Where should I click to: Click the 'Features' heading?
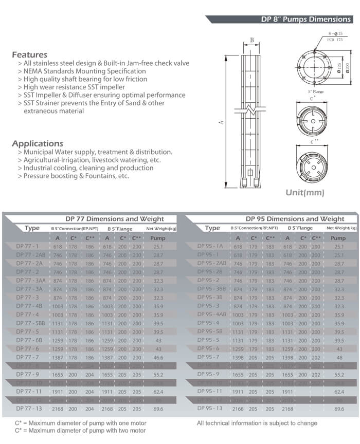(x=29, y=54)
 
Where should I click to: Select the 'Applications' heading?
(x=38, y=143)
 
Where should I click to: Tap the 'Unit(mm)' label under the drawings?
(x=305, y=193)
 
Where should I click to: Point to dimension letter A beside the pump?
(x=221, y=122)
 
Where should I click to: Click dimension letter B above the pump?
(x=251, y=40)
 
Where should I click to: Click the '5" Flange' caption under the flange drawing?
(x=315, y=92)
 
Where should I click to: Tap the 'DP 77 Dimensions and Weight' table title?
(x=114, y=218)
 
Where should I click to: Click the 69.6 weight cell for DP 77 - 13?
(x=158, y=409)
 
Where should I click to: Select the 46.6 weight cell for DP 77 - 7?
(x=158, y=357)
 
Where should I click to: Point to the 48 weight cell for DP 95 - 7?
(x=338, y=357)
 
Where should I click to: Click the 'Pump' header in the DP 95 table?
(x=338, y=238)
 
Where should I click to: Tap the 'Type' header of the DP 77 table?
(x=32, y=228)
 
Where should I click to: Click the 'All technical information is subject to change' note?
(x=257, y=423)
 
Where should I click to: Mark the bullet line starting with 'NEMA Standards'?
(x=81, y=71)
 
